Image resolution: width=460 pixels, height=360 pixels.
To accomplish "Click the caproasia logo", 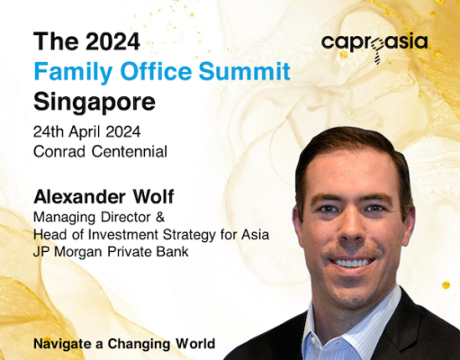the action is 374,48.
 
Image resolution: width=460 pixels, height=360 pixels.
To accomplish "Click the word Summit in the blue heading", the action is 244,71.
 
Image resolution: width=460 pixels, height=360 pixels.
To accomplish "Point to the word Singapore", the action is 95,103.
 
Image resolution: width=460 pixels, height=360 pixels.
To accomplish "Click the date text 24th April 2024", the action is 86,132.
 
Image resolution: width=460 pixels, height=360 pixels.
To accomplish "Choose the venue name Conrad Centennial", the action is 100,151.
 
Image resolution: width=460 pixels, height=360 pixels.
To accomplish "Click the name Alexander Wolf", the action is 104,197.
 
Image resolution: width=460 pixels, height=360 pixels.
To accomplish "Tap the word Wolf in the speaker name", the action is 154,197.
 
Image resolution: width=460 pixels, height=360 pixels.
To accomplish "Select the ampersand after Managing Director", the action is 160,217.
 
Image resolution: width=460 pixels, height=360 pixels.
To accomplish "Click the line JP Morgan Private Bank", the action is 111,252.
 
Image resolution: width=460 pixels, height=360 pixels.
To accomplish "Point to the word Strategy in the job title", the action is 189,235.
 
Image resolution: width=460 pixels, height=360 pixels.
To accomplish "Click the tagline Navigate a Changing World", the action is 124,344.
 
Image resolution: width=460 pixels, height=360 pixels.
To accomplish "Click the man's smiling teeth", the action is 352,263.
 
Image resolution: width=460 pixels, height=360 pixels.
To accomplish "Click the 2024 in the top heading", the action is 113,41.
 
